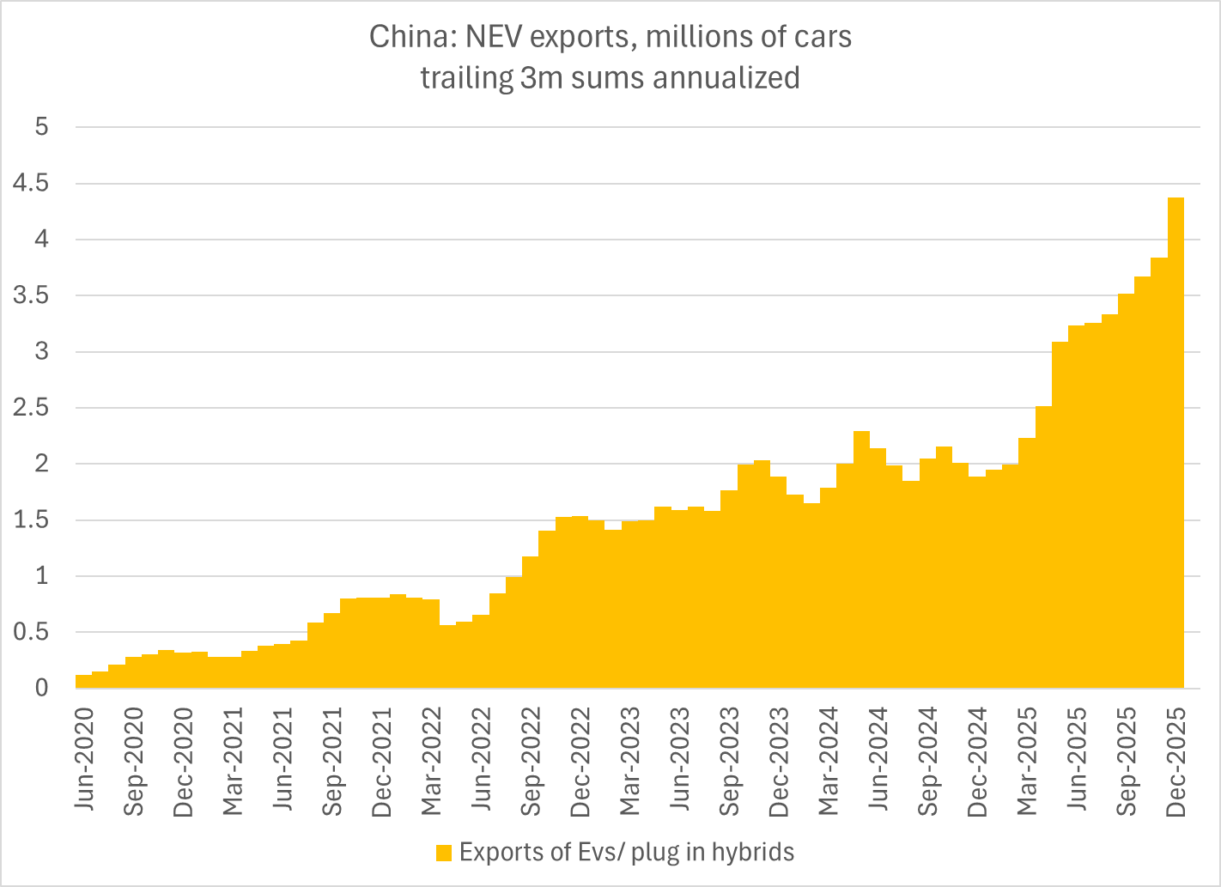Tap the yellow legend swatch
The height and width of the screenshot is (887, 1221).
pos(444,853)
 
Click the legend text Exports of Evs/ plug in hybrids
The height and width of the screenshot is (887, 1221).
pos(627,852)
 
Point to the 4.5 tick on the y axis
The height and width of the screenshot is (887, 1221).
pos(31,184)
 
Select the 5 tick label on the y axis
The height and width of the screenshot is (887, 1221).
pos(41,127)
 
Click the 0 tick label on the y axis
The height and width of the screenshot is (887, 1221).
pos(41,688)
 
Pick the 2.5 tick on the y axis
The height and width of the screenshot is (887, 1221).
pos(31,408)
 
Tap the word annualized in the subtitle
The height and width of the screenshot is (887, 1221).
pos(726,77)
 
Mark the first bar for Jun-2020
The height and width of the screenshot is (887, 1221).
pos(83,681)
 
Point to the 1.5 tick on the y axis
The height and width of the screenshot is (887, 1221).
pos(31,520)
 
